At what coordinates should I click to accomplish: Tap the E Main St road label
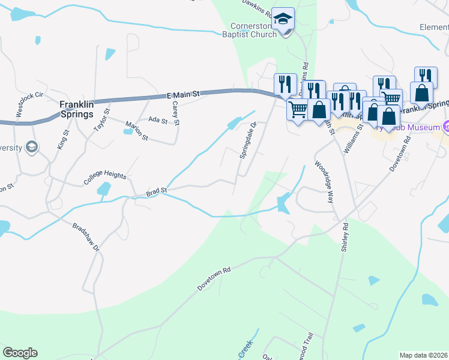tap(182, 94)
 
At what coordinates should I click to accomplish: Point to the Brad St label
tap(156, 192)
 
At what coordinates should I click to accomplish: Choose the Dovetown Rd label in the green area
tap(214, 280)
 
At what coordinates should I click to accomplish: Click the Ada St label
tap(157, 121)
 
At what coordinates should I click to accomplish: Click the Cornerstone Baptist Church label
tap(254, 30)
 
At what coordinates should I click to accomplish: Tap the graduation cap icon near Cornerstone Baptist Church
tap(282, 20)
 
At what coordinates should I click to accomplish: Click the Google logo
tap(20, 353)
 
